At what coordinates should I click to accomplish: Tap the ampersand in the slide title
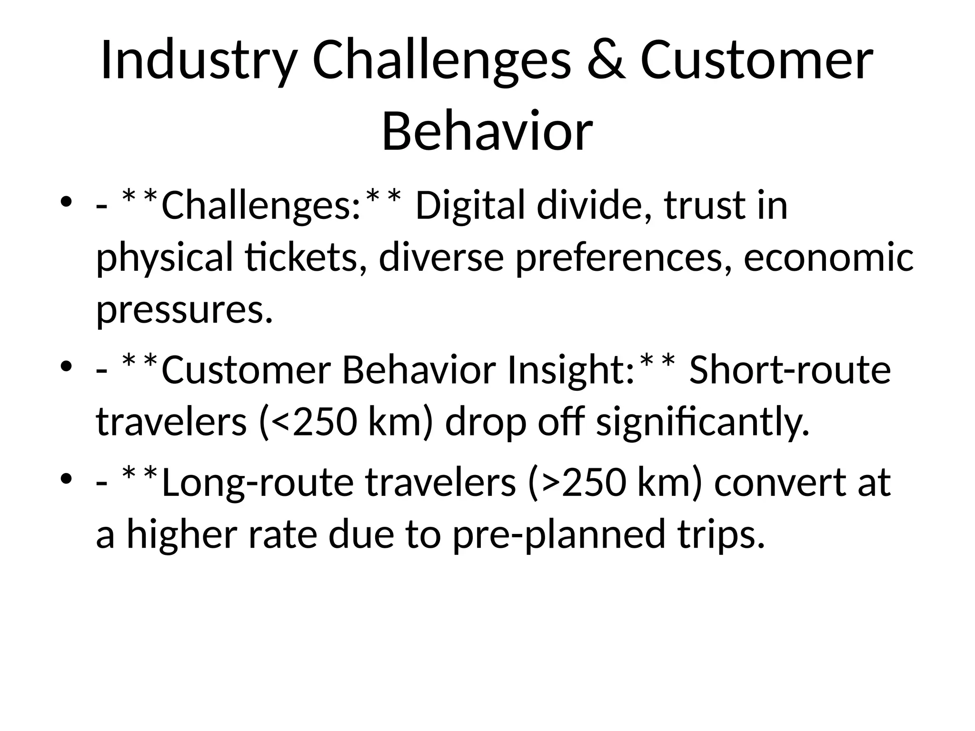coord(606,61)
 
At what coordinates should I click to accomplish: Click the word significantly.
coord(703,423)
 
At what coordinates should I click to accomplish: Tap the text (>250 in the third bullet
coord(577,482)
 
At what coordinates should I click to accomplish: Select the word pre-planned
coord(558,534)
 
